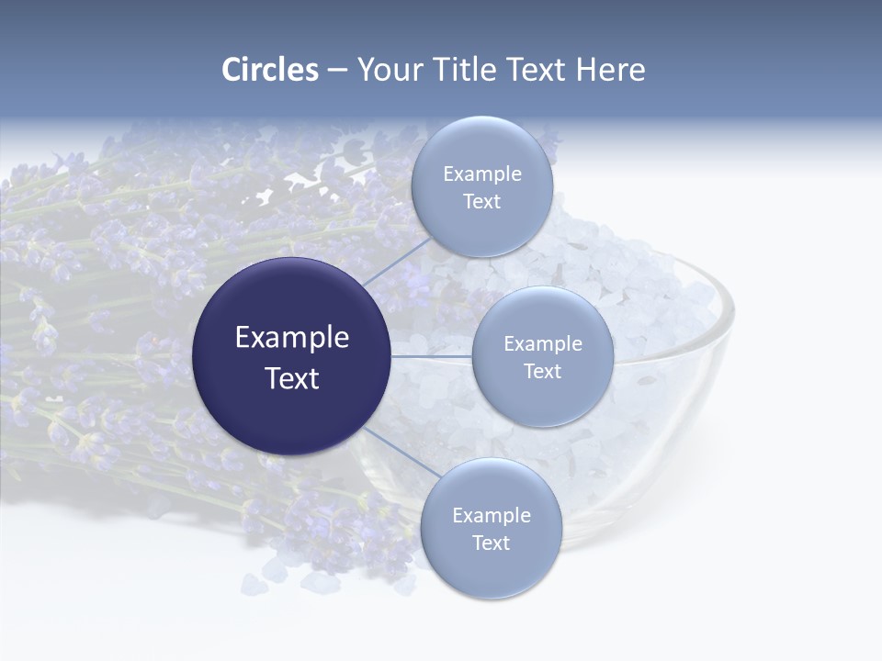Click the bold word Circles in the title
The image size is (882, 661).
tap(270, 70)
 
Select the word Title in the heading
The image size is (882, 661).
tap(469, 70)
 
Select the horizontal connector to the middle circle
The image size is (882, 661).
tap(432, 356)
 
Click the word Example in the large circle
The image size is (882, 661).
tap(292, 338)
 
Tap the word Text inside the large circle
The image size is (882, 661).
tap(292, 378)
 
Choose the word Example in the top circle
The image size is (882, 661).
tap(482, 174)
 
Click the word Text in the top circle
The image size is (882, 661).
tap(482, 202)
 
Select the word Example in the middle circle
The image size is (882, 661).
tap(543, 343)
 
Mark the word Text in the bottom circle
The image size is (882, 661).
tap(491, 543)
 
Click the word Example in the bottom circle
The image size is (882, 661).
tap(492, 515)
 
